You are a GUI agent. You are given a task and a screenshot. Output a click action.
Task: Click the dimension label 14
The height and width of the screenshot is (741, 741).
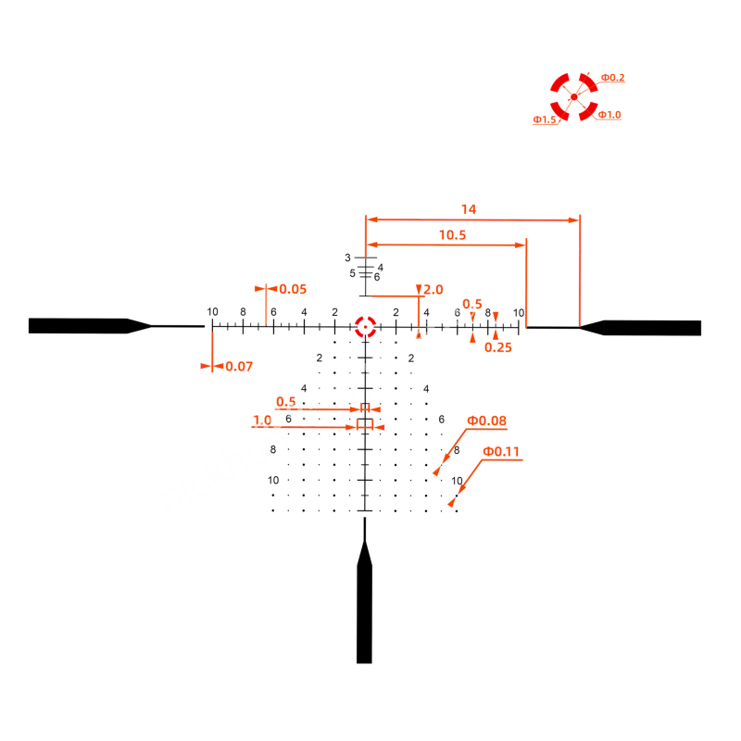click(x=469, y=209)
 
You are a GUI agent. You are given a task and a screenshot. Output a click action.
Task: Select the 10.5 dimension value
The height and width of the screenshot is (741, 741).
click(x=452, y=235)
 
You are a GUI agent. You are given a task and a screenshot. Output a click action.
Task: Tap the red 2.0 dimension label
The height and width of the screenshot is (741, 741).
click(x=433, y=290)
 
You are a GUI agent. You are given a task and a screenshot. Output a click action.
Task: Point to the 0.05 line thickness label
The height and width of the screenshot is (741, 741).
click(x=293, y=289)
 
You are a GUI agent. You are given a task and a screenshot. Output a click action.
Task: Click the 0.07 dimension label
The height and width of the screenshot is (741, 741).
click(x=239, y=366)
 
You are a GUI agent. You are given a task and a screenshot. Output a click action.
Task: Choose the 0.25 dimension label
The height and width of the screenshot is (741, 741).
click(x=498, y=347)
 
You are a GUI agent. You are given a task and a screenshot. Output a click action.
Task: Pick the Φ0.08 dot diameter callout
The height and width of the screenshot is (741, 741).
click(x=486, y=421)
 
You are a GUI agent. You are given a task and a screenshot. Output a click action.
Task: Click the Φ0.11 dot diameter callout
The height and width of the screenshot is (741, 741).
click(x=501, y=451)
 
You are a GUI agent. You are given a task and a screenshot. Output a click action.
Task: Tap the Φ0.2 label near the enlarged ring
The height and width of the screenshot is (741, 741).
click(x=612, y=78)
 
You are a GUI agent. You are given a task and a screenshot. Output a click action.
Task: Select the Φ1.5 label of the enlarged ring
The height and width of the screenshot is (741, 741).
click(x=545, y=119)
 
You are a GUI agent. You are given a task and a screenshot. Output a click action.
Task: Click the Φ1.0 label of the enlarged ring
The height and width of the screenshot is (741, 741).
click(x=609, y=115)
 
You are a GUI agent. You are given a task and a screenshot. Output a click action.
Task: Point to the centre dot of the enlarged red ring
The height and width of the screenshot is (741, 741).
click(x=573, y=97)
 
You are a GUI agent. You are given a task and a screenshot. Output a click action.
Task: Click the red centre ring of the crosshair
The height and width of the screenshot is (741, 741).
click(x=365, y=317)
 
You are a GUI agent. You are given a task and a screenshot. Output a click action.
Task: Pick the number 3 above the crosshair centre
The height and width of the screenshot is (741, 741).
click(x=348, y=257)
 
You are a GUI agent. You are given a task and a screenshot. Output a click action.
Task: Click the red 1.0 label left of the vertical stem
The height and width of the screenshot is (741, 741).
click(x=262, y=421)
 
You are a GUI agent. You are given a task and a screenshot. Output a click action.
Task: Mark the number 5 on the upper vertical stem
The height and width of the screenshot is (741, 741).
click(x=353, y=273)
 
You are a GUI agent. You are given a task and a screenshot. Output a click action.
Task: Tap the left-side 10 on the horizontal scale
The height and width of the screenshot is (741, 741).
click(x=213, y=312)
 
